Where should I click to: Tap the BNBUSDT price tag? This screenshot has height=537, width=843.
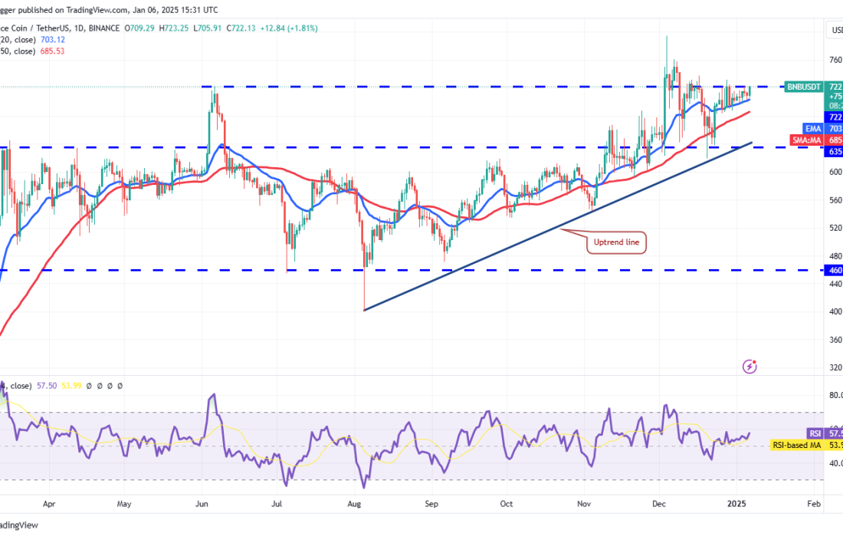803,87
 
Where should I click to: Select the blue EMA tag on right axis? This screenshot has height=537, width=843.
813,129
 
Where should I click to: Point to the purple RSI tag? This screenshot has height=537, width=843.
815,433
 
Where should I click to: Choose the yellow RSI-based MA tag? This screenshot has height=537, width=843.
797,445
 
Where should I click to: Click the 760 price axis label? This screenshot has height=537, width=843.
835,59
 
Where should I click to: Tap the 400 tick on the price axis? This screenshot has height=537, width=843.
835,311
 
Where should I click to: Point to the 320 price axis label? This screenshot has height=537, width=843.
835,367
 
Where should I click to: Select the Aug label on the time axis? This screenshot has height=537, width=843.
354,506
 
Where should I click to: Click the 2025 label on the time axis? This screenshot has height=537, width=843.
737,506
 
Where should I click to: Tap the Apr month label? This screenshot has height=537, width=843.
50,506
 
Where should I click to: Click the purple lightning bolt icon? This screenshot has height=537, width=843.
750,367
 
